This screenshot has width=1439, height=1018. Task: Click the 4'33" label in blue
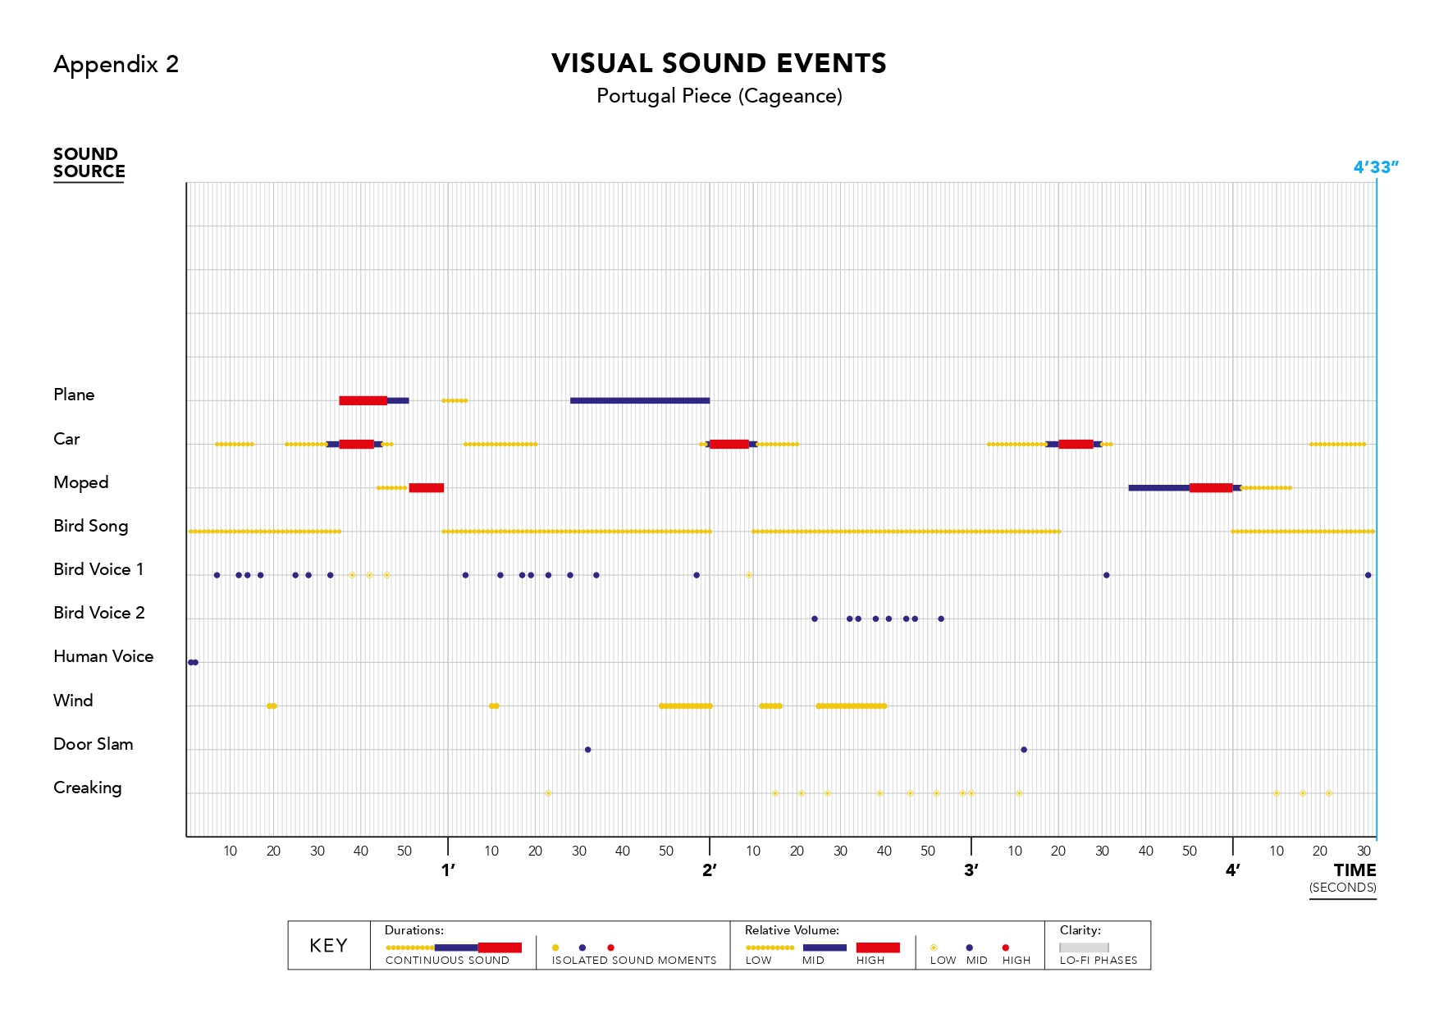(1375, 167)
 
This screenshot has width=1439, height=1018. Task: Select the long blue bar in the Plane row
(639, 400)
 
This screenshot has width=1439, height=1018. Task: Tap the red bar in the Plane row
(363, 400)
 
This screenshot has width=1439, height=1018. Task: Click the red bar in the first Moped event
(426, 488)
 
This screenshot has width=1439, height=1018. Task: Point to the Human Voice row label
(103, 656)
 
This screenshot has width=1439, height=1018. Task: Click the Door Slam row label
(93, 744)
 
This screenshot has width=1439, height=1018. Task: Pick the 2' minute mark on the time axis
(710, 870)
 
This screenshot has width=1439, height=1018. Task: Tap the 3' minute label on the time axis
(971, 870)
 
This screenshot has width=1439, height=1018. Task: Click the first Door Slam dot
(587, 750)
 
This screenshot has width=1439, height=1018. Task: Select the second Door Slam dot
(1024, 750)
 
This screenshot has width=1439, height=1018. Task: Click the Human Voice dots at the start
(193, 662)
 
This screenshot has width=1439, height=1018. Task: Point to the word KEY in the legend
(328, 946)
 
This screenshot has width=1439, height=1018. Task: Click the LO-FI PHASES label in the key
(1098, 961)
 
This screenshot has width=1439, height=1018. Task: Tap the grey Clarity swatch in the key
(1084, 947)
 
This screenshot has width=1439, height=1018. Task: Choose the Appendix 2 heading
(116, 64)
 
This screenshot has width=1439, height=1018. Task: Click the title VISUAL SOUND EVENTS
(719, 63)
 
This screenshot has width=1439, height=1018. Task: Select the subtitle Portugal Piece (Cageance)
(719, 96)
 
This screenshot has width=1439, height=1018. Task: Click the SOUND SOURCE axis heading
(89, 162)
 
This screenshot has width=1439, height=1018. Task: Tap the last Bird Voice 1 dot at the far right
(1368, 575)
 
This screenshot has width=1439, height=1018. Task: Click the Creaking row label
(87, 787)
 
